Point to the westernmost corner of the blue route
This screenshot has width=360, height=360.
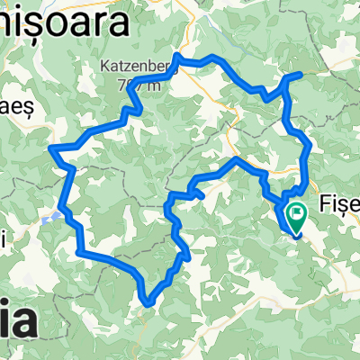pyautogui.click(x=53, y=147)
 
